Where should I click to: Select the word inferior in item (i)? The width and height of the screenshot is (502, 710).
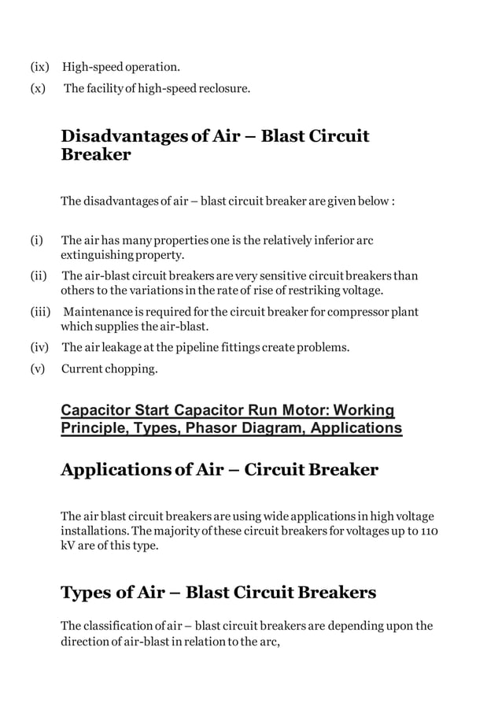(330, 241)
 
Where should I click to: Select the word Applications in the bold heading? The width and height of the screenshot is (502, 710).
(116, 470)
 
